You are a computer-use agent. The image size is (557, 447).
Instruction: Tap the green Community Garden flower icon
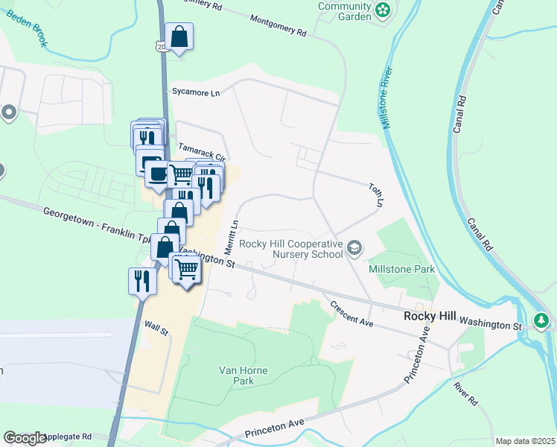[383, 10]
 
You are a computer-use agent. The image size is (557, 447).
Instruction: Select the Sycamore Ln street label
[196, 93]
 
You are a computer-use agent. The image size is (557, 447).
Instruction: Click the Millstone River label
[386, 101]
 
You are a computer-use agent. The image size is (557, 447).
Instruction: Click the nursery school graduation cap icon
[356, 247]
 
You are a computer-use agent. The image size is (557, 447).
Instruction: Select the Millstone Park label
[402, 268]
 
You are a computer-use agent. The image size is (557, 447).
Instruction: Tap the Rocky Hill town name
[429, 316]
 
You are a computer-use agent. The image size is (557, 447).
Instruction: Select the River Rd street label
[466, 394]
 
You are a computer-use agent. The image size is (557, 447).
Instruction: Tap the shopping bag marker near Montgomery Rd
[179, 37]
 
